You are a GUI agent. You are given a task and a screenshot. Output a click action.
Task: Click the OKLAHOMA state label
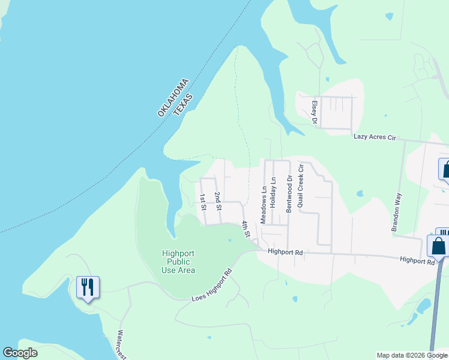(173, 97)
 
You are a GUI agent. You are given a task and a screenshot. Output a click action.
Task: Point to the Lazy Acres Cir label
(375, 138)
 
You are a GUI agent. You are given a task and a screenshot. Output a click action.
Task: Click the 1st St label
(203, 202)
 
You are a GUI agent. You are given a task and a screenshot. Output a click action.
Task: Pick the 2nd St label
(218, 200)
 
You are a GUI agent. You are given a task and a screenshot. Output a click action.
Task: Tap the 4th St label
(246, 229)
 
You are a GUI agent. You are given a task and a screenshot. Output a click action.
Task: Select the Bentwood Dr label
(289, 194)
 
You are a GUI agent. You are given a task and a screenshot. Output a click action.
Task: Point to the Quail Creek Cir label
(300, 185)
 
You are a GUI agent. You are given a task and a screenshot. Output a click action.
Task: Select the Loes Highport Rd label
(211, 289)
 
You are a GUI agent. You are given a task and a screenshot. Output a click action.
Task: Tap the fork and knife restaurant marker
(88, 288)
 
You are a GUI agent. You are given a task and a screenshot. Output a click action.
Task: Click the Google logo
(20, 353)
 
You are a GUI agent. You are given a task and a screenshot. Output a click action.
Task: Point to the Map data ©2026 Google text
(412, 355)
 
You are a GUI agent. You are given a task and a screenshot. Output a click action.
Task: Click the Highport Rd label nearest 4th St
(286, 253)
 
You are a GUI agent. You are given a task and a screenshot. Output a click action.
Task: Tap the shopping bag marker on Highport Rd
(438, 246)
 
